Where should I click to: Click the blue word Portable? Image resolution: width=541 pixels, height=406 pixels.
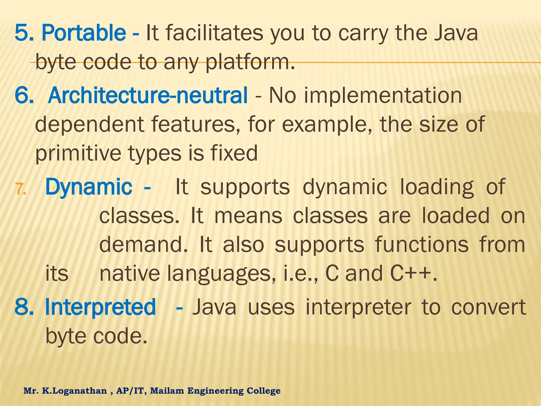point(84,33)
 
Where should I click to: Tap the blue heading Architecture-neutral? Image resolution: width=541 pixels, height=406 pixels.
point(148,95)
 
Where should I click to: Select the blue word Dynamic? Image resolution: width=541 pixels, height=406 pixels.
point(89,187)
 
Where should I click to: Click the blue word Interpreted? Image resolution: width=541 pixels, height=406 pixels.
point(100,307)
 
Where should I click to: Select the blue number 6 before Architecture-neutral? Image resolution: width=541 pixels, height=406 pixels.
point(23,95)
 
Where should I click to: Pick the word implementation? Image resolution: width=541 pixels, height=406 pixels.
point(383,95)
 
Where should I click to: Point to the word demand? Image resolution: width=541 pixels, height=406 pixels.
point(143,244)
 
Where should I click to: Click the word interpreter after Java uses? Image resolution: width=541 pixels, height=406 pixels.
point(358,307)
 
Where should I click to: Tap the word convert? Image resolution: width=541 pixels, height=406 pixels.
point(488,307)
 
